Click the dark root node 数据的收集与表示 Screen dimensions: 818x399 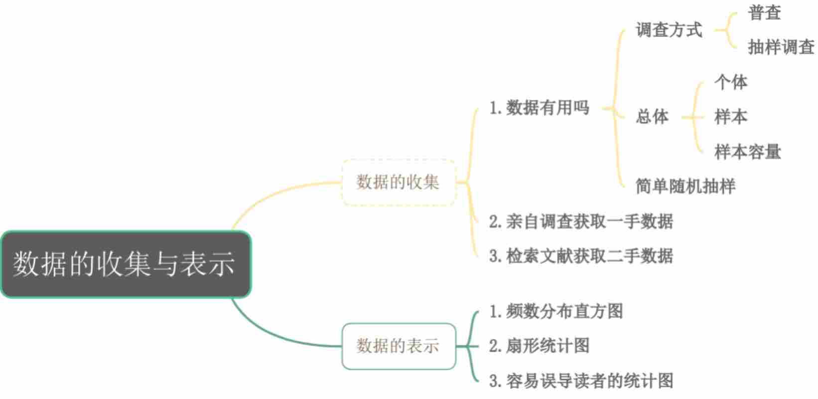126,264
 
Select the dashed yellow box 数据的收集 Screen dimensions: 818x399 399,183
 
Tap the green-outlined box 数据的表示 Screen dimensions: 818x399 399,346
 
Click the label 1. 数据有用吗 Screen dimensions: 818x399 540,108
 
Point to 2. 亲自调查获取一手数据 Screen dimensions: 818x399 581,221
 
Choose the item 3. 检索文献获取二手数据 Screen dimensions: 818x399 581,256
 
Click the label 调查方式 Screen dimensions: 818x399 669,30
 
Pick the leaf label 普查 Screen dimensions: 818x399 764,13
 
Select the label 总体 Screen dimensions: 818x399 652,117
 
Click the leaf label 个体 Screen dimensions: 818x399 731,82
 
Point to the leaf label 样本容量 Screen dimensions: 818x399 748,152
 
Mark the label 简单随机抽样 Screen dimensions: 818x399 685,186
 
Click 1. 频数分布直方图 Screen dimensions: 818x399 556,312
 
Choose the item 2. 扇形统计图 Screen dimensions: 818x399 540,346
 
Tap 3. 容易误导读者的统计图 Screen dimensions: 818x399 581,381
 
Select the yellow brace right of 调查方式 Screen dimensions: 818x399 726,30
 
